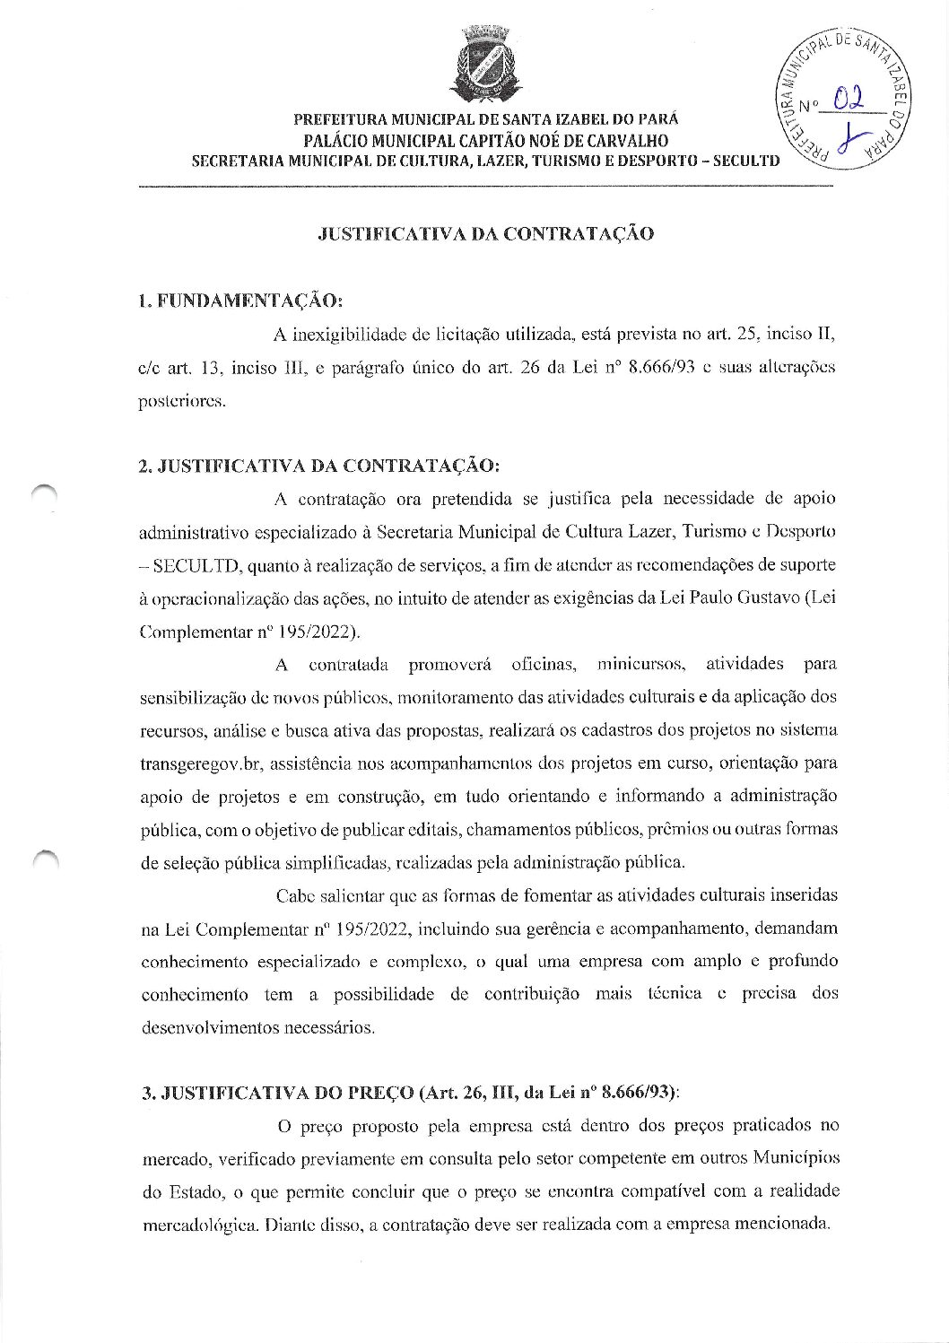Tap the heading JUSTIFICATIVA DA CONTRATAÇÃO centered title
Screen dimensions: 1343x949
click(x=486, y=234)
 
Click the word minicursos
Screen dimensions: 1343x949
click(x=642, y=665)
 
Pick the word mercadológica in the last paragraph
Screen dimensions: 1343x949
click(x=200, y=1225)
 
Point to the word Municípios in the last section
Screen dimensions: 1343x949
click(x=794, y=1158)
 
